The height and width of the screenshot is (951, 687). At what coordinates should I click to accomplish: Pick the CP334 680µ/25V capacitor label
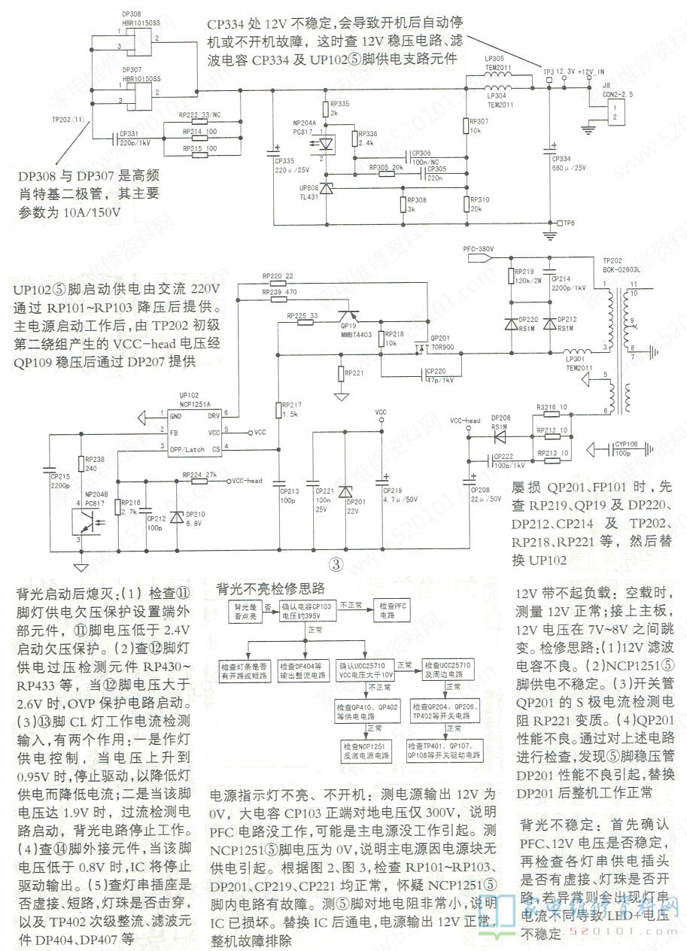tap(569, 163)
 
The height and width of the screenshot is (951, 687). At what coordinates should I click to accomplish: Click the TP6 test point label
tap(569, 223)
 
